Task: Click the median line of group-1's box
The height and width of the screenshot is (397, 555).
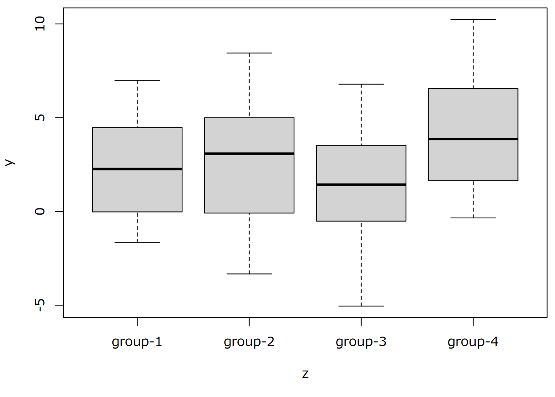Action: click(137, 169)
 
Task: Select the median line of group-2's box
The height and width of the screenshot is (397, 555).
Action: click(249, 153)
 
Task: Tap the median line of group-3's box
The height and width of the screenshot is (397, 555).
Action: click(361, 184)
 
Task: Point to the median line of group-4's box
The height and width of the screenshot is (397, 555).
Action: click(473, 139)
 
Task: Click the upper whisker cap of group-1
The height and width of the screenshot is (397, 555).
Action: click(137, 80)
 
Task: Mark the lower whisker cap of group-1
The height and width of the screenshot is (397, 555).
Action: click(137, 243)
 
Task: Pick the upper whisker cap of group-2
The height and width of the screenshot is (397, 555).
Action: click(249, 53)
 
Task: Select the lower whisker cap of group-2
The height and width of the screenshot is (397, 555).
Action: click(249, 274)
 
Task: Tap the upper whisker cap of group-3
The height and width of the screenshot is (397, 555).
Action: click(361, 84)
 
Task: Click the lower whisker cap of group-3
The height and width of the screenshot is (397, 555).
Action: click(361, 306)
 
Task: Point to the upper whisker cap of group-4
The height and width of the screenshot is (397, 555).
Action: click(473, 19)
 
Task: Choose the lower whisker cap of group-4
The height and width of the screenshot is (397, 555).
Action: click(473, 218)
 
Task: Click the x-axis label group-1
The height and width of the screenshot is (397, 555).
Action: click(137, 342)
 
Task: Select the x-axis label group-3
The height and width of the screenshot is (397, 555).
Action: click(361, 342)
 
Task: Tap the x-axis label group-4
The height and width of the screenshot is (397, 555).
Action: click(473, 342)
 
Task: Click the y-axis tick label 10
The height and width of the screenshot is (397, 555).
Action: click(40, 24)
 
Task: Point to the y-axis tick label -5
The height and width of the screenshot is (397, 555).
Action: click(40, 305)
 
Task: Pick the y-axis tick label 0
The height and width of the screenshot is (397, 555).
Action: click(40, 211)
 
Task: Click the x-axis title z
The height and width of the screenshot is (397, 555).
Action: click(305, 374)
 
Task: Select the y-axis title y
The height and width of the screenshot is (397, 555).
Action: click(9, 163)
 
